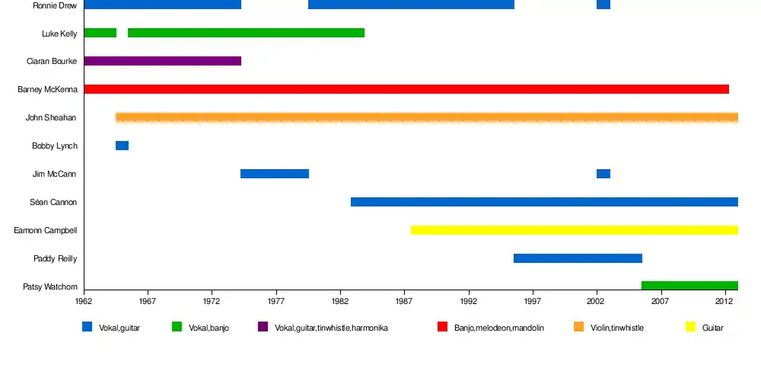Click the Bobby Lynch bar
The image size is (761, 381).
[x=122, y=146]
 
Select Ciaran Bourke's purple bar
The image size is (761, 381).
[x=162, y=61]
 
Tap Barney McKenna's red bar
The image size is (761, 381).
[x=406, y=89]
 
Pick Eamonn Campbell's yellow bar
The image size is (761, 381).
[x=574, y=230]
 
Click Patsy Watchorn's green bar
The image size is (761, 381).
[x=689, y=286]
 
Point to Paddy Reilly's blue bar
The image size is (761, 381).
[x=578, y=258]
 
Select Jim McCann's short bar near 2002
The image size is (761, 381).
[x=603, y=174]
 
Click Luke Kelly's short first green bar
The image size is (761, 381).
[x=100, y=33]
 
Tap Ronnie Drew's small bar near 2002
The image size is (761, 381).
[x=603, y=5]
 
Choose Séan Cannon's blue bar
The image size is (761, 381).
[x=544, y=202]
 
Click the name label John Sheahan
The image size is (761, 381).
[x=50, y=118]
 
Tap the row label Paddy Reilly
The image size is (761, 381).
[x=55, y=259]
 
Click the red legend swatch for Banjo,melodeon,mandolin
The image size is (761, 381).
[x=442, y=327]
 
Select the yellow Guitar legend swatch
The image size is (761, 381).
[x=690, y=327]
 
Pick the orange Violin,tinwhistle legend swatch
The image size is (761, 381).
[x=578, y=327]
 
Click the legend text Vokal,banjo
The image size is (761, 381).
[x=209, y=328]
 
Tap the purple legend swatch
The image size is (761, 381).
[x=263, y=327]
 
